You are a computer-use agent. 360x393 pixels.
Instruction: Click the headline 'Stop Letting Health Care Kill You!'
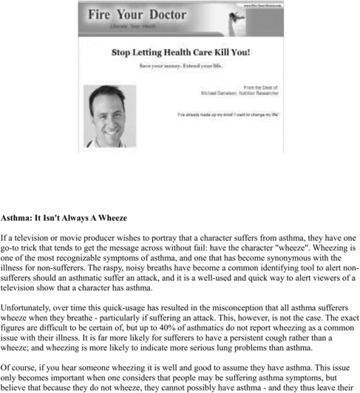[x=180, y=52]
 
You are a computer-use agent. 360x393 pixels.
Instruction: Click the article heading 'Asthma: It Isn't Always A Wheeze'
[x=64, y=218]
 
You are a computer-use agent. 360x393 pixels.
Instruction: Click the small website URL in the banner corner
[x=258, y=5]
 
